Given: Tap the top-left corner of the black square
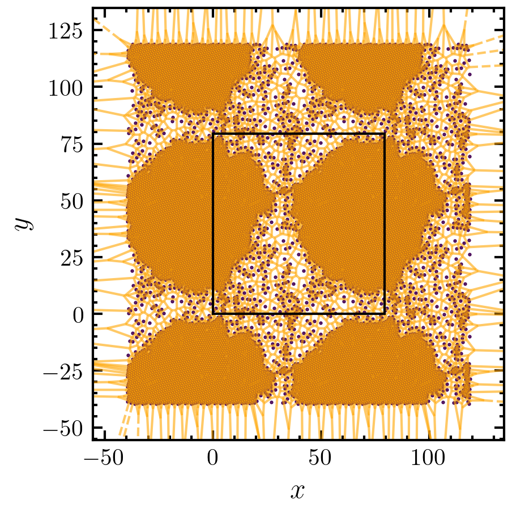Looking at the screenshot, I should [x=213, y=133].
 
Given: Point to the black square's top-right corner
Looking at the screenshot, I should [x=385, y=133].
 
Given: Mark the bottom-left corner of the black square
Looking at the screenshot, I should [x=213, y=314].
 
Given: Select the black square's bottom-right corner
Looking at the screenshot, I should [x=385, y=314].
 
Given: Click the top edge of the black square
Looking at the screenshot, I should [x=299, y=133].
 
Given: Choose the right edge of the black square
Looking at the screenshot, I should [x=385, y=224].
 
